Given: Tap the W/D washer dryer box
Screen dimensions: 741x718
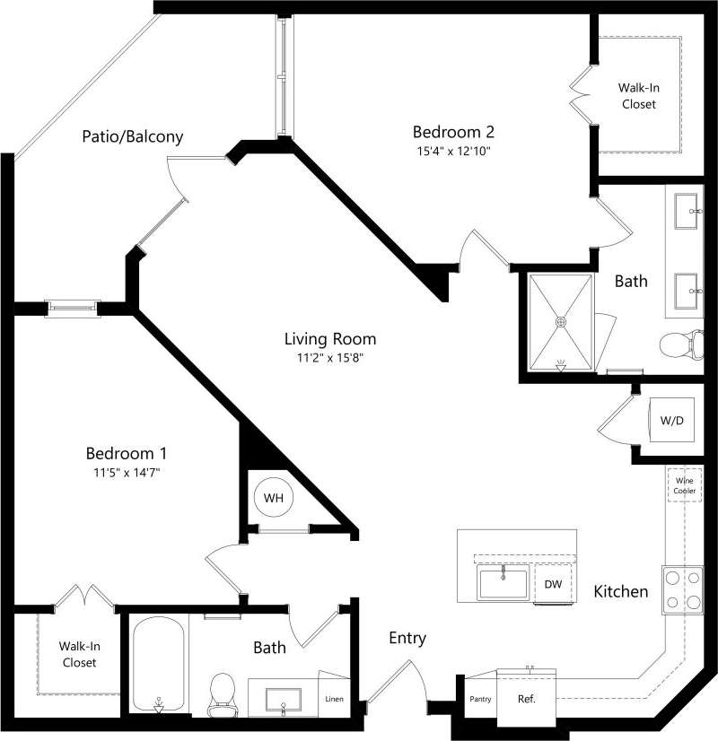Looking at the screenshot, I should pos(671,421).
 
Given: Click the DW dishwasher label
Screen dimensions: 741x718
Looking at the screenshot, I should pos(553,585).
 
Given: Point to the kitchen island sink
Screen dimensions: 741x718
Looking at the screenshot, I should pos(503,583).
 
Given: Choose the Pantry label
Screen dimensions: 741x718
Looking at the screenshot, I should pos(480,699).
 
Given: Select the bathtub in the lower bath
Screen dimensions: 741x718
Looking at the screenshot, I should pos(159,664).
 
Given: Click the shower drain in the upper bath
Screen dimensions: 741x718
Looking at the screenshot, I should pos(561,320).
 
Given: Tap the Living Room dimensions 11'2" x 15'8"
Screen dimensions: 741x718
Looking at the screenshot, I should pos(329,357).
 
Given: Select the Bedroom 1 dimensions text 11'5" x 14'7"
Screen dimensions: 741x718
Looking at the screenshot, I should pos(127,471).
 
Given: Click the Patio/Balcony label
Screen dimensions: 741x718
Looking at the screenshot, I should pos(132,137).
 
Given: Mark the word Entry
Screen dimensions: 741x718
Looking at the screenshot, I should pos(407,639).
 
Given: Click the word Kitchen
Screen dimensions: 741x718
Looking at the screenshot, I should pos(620,591).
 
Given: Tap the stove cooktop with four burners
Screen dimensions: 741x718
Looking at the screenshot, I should pos(682,589).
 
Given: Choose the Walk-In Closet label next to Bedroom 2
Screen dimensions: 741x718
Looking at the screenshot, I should pos(636,96).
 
